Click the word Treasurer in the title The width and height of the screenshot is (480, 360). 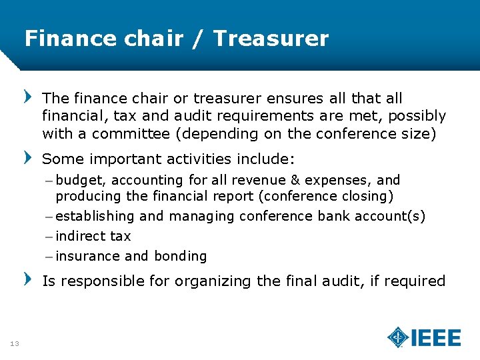[271, 39]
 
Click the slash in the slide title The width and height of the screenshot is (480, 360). [198, 39]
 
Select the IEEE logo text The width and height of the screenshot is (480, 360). [436, 337]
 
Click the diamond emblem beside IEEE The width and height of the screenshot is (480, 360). [398, 337]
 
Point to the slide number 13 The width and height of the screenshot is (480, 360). [14, 343]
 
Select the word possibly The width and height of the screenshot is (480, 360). [417, 116]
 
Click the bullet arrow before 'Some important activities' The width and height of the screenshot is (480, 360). [28, 159]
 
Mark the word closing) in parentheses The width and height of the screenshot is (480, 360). [367, 196]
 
